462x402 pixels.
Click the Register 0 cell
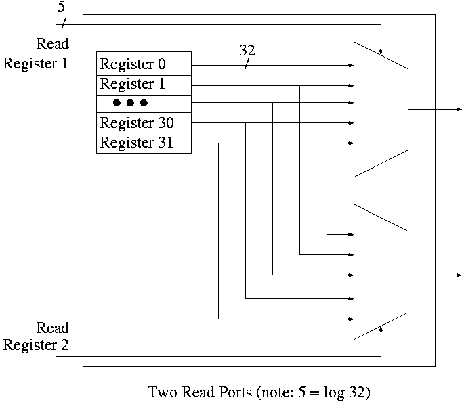coord(144,64)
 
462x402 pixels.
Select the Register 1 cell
coord(144,85)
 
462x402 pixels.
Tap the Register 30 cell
coord(144,123)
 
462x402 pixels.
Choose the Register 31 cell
coord(144,143)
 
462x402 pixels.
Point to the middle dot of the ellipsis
coord(130,103)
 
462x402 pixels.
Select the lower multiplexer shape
coord(380,272)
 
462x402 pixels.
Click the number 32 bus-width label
coord(247,51)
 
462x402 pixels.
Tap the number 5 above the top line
coord(62,7)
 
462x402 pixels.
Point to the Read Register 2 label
coord(37,336)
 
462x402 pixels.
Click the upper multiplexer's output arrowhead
coord(459,109)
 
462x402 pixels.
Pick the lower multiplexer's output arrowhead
coord(459,275)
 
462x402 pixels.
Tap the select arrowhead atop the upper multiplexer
coord(381,51)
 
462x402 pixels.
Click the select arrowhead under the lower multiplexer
coord(381,330)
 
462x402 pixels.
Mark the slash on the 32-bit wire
coord(246,65)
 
